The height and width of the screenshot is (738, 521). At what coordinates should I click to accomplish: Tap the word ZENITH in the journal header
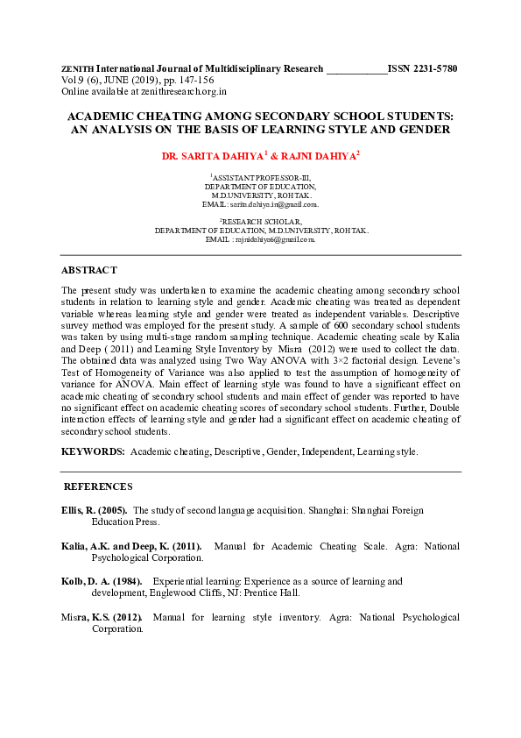click(x=77, y=68)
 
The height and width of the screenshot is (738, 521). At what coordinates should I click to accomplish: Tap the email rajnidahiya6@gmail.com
click(x=273, y=238)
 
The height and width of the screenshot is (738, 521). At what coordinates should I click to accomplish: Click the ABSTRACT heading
click(x=88, y=270)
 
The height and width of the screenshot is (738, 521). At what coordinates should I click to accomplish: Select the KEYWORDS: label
click(x=93, y=451)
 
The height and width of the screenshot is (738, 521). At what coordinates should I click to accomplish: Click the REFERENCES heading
click(x=98, y=486)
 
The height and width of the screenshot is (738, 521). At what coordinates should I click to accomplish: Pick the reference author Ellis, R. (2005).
click(x=94, y=510)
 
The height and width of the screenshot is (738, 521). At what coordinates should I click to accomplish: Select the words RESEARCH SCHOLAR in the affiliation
click(x=263, y=222)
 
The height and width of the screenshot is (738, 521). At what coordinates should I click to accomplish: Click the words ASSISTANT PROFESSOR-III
click(x=263, y=178)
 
